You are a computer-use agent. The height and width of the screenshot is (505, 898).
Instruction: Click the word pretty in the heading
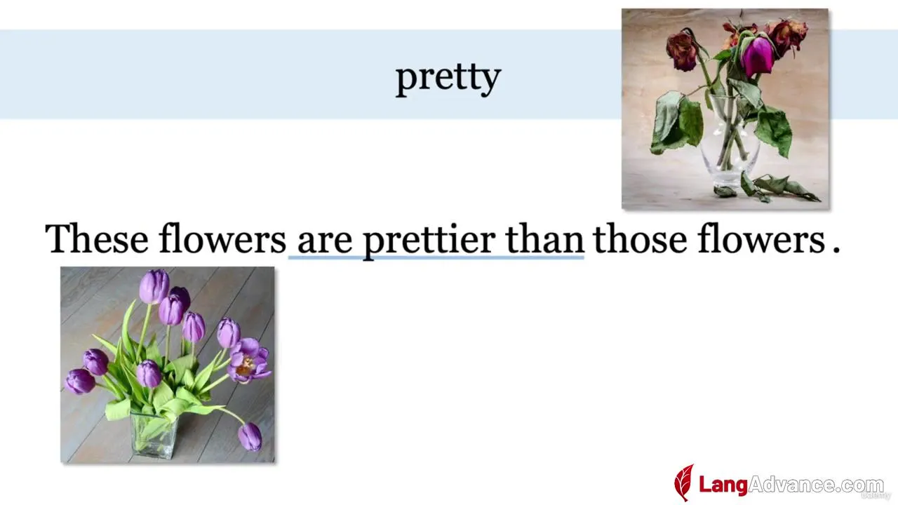[x=448, y=79]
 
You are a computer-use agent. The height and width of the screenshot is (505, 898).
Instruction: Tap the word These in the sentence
[x=97, y=239]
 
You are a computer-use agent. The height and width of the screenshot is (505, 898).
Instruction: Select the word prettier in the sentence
[x=429, y=241]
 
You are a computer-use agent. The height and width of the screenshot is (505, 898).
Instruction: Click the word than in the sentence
[x=544, y=239]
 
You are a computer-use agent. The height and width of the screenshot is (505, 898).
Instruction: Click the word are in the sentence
[x=325, y=243]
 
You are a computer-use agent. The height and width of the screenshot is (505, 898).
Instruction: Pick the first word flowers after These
[x=222, y=239]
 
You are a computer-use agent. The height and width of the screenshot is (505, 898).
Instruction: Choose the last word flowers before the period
[x=761, y=239]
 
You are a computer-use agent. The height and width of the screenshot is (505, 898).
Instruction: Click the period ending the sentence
[x=836, y=250]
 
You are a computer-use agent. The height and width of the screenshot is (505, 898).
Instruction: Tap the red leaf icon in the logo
[x=684, y=483]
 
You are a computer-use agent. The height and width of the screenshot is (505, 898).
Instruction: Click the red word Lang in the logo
[x=723, y=485]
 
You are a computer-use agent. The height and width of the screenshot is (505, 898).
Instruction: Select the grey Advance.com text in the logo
[x=816, y=485]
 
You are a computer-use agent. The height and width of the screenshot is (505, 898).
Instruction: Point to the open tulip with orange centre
[x=248, y=361]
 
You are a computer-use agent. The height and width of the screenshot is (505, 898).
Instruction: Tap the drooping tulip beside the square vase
[x=250, y=436]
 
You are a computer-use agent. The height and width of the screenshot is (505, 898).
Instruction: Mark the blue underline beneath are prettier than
[x=436, y=257]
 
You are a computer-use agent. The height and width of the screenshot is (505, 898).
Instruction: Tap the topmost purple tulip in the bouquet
[x=154, y=286]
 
